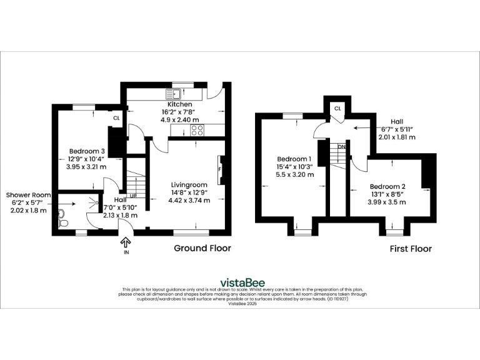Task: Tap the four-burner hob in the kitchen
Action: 197,130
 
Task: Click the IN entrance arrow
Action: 125,242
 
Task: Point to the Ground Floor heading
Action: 202,248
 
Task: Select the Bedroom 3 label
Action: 86,151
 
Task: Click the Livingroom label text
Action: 189,184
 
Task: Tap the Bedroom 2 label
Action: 387,186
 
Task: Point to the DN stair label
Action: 341,147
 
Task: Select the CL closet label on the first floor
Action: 337,108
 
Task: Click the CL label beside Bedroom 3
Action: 116,117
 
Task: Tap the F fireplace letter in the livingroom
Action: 219,169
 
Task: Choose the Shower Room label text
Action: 29,195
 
